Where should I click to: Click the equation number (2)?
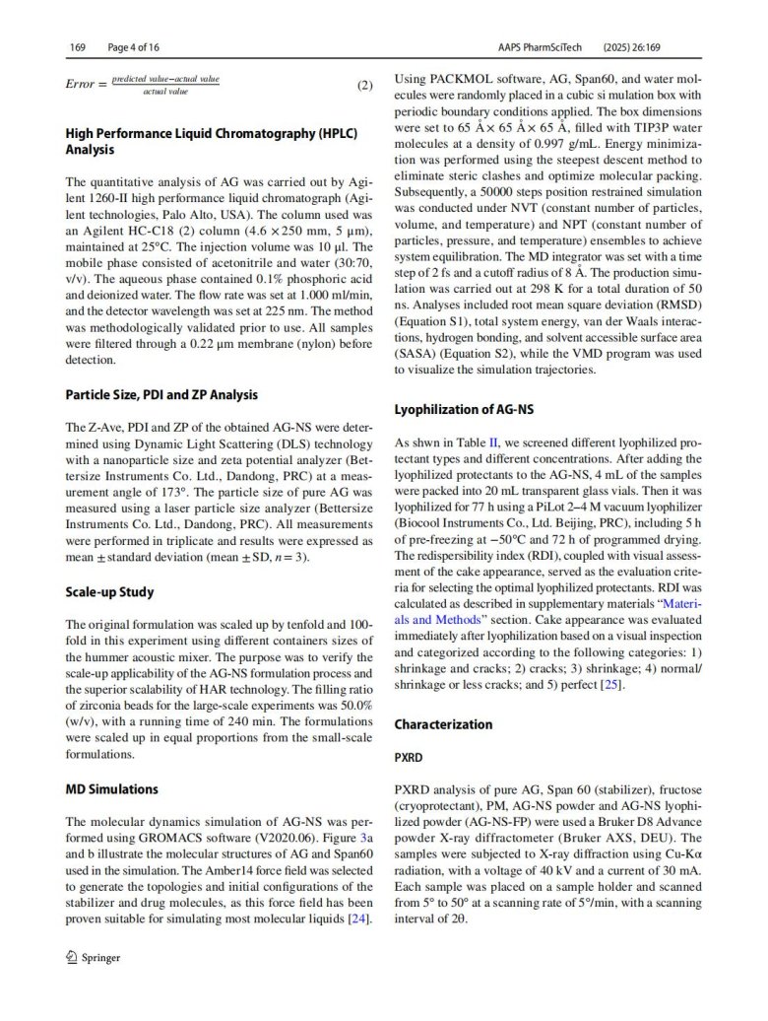coord(364,85)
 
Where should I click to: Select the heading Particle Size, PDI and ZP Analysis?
coord(161,394)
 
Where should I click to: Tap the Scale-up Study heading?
coord(109,592)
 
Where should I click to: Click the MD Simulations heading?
coord(111,789)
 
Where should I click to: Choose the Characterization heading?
coord(443,724)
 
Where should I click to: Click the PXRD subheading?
coord(410,761)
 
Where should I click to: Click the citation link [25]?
coord(611,685)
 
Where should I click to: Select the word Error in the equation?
coord(81,85)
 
